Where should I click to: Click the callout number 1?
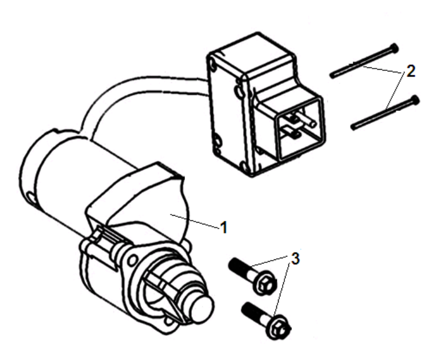coord(224,227)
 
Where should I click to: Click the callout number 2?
coord(411,71)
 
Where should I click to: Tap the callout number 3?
coord(295,258)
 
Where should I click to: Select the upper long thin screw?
coord(364,61)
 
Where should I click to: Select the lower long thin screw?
coord(385,113)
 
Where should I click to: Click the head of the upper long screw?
coord(394,48)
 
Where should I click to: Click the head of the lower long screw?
coord(415,99)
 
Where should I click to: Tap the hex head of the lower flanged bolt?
coord(279,329)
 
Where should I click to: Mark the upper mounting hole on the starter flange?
coord(132,261)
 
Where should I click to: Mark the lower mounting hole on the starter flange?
coord(169,321)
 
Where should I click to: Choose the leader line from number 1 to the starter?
coord(195,221)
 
